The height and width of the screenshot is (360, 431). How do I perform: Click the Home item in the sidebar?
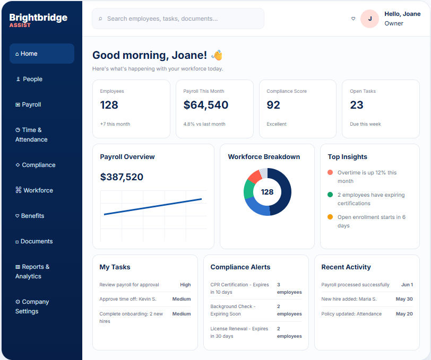42,54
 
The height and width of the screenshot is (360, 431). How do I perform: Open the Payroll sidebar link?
28,104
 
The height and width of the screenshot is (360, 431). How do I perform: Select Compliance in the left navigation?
36,165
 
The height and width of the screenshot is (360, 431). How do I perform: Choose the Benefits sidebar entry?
30,216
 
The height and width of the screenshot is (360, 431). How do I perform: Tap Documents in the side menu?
34,241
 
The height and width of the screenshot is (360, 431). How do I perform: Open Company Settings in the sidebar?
32,306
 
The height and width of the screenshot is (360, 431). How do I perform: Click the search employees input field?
178,19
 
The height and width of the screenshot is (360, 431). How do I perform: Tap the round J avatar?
370,19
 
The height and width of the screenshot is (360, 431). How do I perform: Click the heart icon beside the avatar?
353,19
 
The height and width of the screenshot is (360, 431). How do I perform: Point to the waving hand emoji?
217,55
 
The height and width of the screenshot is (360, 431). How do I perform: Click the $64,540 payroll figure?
206,105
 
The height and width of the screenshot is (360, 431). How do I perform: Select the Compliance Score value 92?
273,105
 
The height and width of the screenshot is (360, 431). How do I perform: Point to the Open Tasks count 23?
357,105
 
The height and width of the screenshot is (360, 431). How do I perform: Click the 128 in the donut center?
267,192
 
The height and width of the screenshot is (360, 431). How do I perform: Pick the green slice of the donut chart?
248,189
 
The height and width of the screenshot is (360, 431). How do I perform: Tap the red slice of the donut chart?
255,177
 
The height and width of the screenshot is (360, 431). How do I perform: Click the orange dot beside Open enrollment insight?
330,217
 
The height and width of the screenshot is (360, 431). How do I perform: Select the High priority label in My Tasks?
185,285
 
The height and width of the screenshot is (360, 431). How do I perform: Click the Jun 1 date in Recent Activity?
407,285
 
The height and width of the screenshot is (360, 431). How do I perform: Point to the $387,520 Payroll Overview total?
122,177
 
